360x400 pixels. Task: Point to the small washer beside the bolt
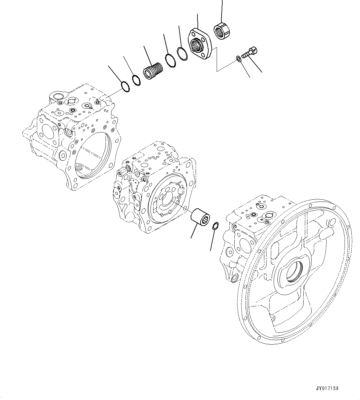click(x=239, y=58)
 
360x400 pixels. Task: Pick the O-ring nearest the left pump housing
click(x=124, y=86)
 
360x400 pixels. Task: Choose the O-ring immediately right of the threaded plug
click(x=170, y=60)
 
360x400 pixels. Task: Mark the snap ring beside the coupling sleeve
click(x=215, y=226)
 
